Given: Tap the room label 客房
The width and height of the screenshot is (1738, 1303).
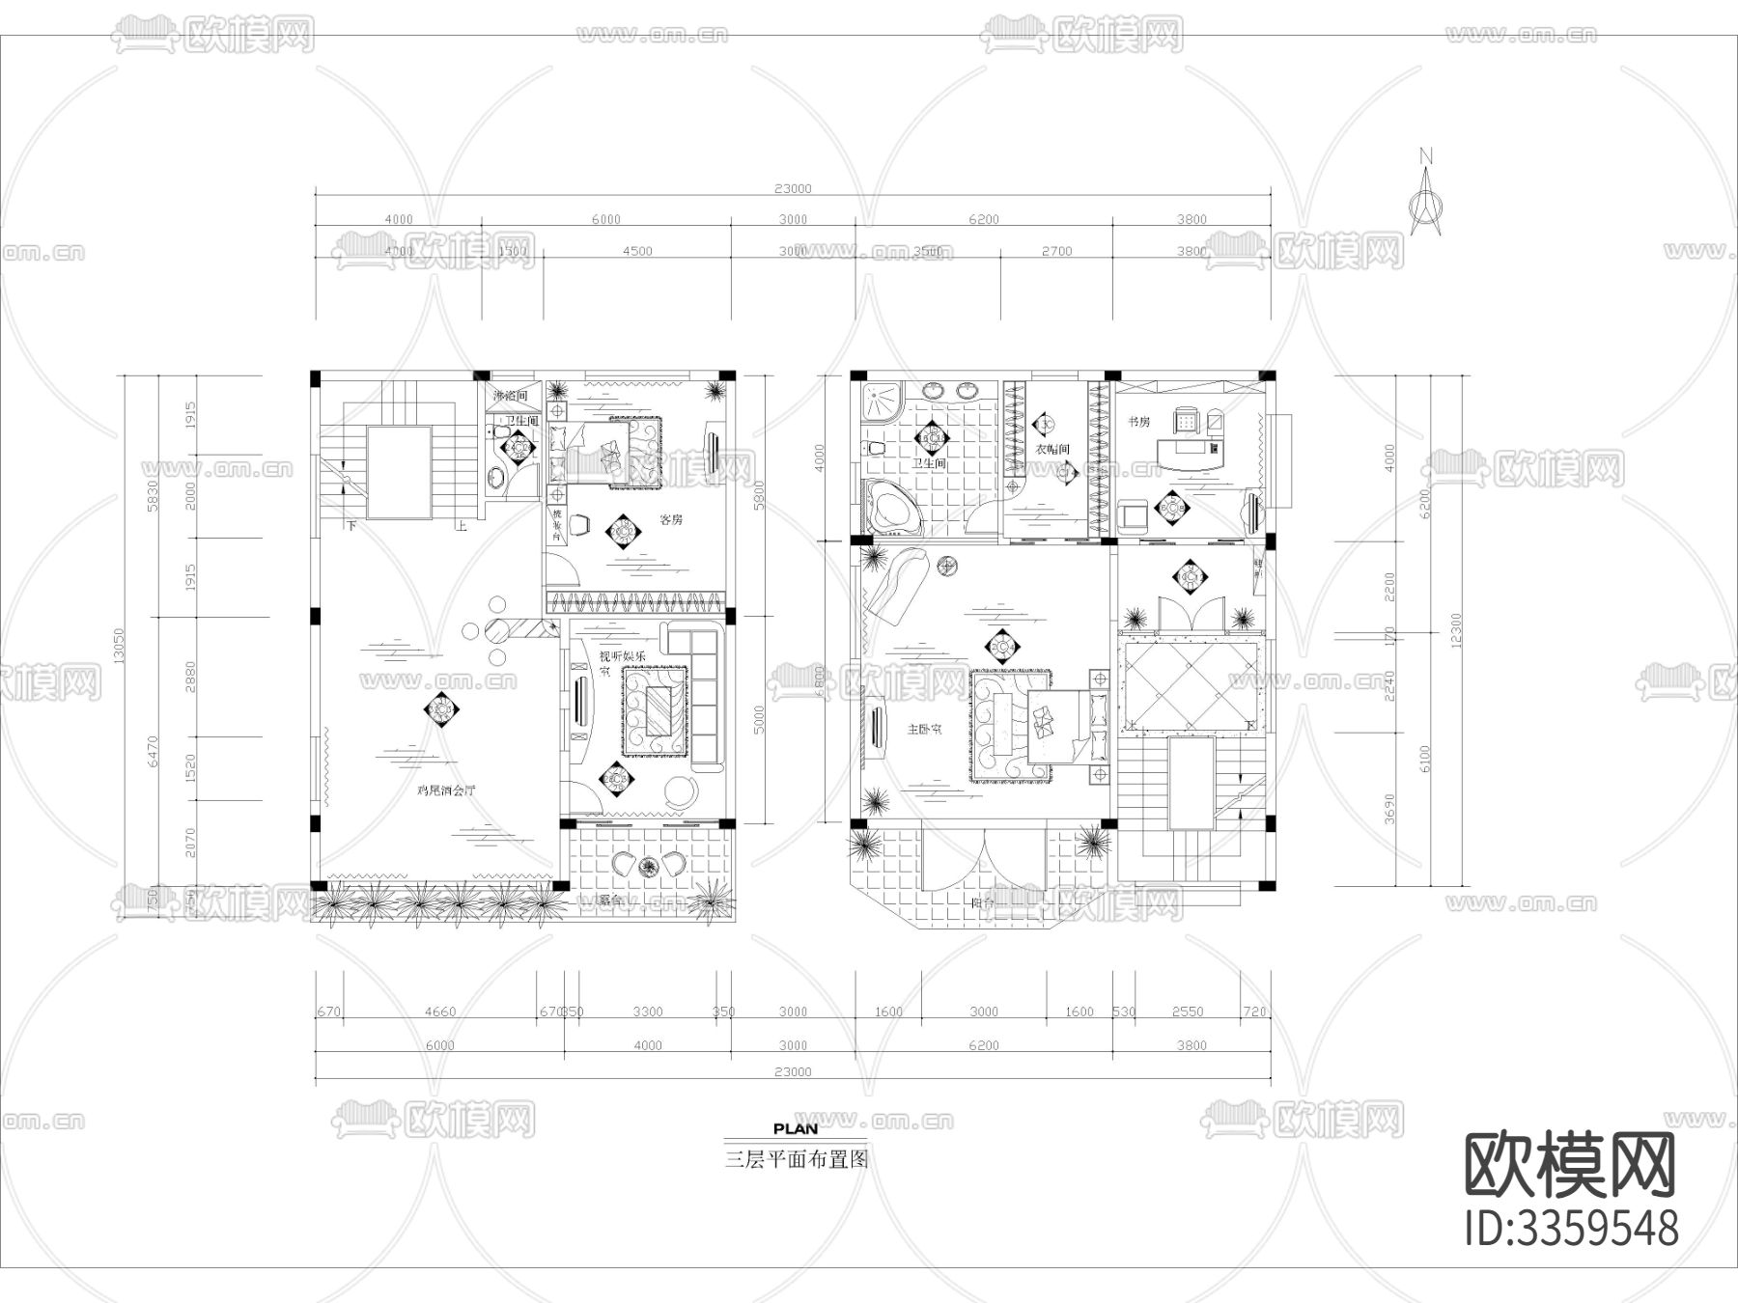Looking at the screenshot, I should click(x=671, y=519).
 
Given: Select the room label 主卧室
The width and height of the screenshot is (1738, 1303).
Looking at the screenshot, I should click(x=924, y=729).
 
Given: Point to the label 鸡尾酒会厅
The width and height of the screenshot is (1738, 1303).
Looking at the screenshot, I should click(x=445, y=790).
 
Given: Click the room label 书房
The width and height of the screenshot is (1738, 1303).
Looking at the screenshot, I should click(x=1138, y=422).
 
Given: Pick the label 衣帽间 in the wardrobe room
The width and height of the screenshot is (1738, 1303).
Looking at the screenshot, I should click(x=1053, y=449).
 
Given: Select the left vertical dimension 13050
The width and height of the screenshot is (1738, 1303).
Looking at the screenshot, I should click(x=119, y=646).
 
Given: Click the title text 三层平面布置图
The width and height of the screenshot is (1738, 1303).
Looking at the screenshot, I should click(x=797, y=1159).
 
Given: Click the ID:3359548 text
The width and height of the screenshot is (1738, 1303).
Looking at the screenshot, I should click(x=1571, y=1229).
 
